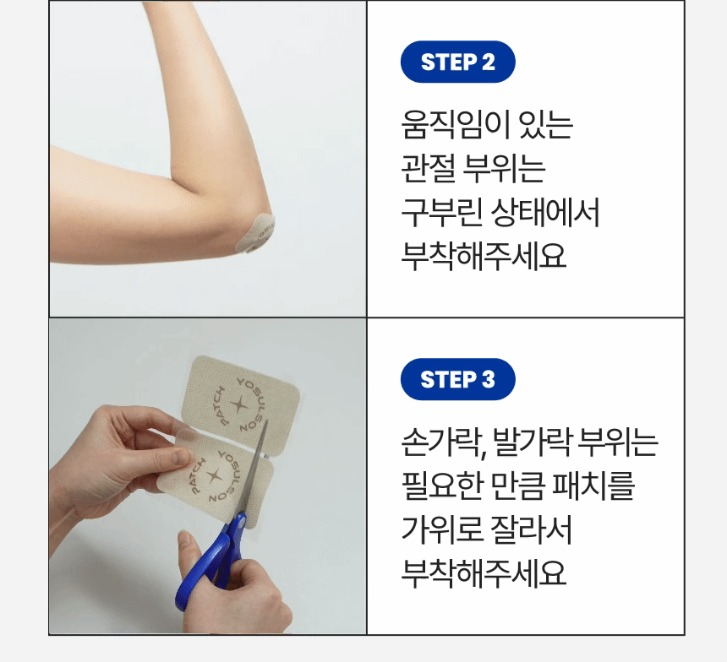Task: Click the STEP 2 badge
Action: (x=457, y=62)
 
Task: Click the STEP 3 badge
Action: (x=457, y=379)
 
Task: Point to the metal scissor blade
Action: (x=255, y=468)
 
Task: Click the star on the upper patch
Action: (x=238, y=405)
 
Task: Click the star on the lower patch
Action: (x=214, y=475)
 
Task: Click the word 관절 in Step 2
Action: (x=429, y=168)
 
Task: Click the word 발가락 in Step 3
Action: (x=532, y=442)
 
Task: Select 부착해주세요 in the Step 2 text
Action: (x=484, y=256)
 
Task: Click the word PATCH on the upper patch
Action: (x=221, y=406)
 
